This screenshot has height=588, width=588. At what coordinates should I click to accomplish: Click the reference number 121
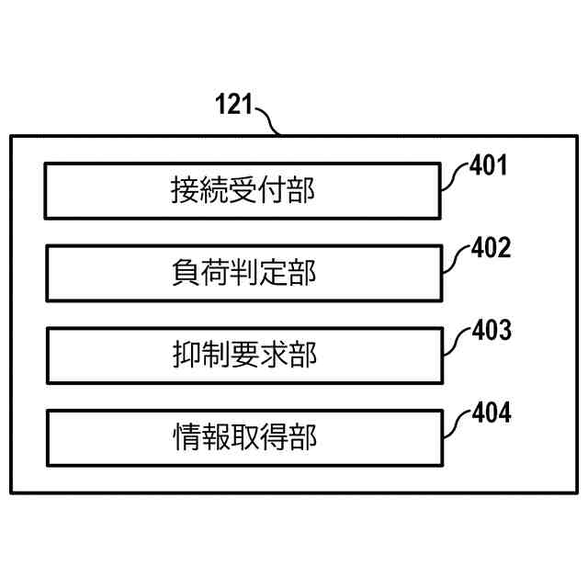click(x=233, y=104)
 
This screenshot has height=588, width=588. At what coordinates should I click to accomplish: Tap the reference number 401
click(x=488, y=166)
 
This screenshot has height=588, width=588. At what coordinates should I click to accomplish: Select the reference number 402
click(x=488, y=249)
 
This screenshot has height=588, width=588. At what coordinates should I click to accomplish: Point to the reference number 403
click(x=488, y=331)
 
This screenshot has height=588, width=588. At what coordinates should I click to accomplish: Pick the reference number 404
click(x=488, y=413)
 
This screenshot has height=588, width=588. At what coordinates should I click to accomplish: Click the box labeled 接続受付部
click(x=243, y=191)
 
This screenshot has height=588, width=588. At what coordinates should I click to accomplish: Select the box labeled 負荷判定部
click(x=243, y=273)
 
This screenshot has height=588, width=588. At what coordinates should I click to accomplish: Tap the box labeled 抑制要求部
click(x=243, y=356)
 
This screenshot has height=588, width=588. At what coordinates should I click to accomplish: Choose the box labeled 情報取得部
click(x=243, y=437)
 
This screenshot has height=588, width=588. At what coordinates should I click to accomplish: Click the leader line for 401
click(x=454, y=177)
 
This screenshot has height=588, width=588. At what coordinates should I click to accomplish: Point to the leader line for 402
click(x=454, y=260)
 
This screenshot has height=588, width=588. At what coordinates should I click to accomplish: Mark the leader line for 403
click(x=454, y=342)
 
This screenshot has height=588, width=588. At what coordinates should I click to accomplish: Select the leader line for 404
click(x=454, y=424)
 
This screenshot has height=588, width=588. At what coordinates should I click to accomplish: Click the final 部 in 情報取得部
click(x=301, y=437)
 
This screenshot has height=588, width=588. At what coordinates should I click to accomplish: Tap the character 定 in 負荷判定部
click(x=272, y=273)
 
